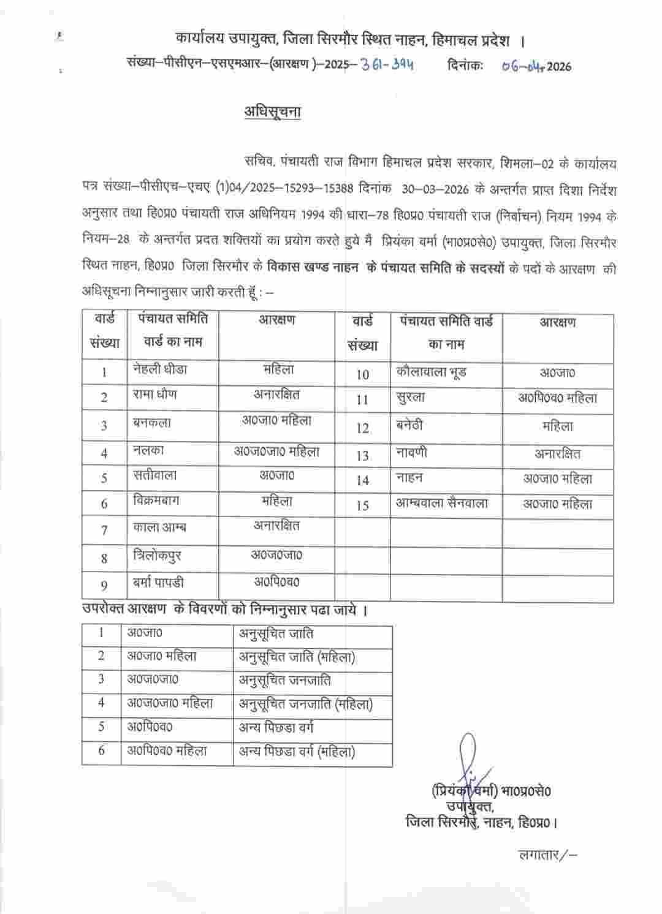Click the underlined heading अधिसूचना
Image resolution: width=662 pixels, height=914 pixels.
(x=272, y=111)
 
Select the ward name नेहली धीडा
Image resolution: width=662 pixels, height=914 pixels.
(x=160, y=369)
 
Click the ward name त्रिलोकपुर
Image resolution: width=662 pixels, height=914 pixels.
(x=157, y=556)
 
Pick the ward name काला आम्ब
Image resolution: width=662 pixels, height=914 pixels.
(x=159, y=527)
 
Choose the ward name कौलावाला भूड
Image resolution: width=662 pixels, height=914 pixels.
(x=432, y=372)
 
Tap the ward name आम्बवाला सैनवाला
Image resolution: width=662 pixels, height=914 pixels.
(x=442, y=504)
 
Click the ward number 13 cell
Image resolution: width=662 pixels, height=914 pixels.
(x=362, y=455)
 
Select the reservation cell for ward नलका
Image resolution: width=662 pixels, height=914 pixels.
(x=276, y=451)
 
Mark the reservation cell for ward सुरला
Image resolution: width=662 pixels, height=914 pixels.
(x=557, y=398)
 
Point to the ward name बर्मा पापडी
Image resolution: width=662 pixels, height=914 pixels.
(x=158, y=583)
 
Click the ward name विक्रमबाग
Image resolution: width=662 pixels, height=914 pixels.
(x=156, y=500)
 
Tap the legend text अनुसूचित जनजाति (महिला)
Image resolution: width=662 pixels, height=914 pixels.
(x=306, y=704)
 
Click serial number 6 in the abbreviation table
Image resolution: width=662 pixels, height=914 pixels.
(x=102, y=750)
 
